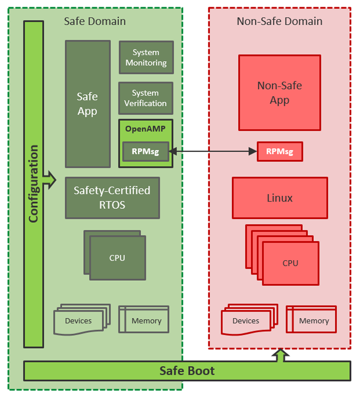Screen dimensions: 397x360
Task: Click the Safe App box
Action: [x=87, y=104]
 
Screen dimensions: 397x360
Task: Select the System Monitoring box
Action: [x=146, y=58]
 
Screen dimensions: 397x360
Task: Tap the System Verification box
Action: [x=146, y=98]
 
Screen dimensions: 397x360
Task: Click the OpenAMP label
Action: [x=146, y=129]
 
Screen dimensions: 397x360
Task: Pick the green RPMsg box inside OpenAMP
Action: [x=146, y=152]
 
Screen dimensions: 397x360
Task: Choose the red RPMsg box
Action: [x=280, y=151]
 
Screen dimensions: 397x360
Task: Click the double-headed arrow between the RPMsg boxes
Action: [x=213, y=151]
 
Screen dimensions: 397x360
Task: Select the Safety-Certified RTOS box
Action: [x=112, y=197]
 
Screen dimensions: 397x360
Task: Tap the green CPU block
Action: [x=117, y=258]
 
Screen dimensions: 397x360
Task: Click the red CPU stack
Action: [x=290, y=263]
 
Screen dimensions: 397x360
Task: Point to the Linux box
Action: [x=280, y=198]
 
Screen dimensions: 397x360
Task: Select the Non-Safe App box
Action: [x=279, y=93]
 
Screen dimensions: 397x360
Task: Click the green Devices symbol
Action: [x=79, y=321]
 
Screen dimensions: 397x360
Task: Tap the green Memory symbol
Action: [x=146, y=320]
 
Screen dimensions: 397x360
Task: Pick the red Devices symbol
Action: [x=246, y=321]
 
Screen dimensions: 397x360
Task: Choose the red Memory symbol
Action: [x=313, y=320]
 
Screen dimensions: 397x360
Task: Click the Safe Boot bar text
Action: [x=187, y=371]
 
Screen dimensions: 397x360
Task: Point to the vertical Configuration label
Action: [x=33, y=184]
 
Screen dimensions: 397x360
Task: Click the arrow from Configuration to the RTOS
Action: [x=50, y=181]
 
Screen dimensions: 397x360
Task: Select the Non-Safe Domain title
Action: [x=279, y=21]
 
